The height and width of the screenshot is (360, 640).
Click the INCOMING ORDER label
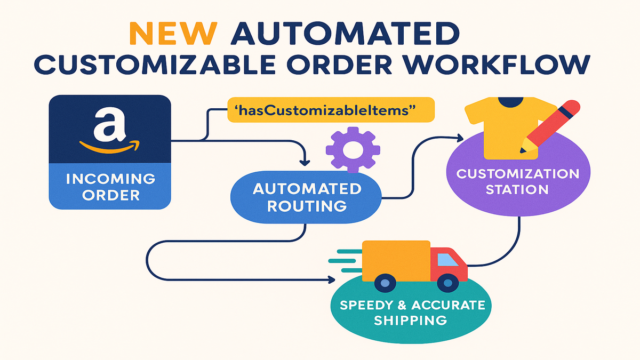coord(110,186)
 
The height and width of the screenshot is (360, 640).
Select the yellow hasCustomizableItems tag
coord(331,110)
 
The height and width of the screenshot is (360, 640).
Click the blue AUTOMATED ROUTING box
coord(306,197)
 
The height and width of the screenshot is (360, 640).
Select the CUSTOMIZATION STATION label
coord(518,181)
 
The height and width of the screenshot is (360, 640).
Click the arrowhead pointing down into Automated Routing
coord(305,161)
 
